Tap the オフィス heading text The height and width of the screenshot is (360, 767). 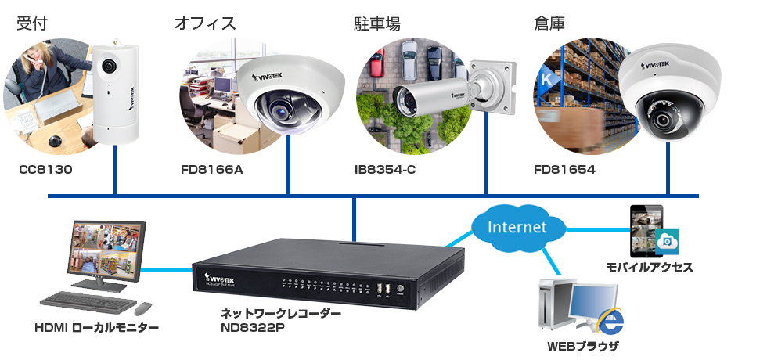205,23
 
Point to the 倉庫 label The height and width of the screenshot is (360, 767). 549,23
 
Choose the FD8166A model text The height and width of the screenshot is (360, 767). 211,168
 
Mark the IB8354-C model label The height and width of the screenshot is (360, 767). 385,168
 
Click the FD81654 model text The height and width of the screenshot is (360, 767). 564,168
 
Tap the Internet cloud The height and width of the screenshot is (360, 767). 517,227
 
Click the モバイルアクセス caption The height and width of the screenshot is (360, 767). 650,268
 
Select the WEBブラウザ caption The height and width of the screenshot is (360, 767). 582,345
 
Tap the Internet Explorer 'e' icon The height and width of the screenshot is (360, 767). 610,321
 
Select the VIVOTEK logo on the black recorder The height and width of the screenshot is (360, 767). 222,276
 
